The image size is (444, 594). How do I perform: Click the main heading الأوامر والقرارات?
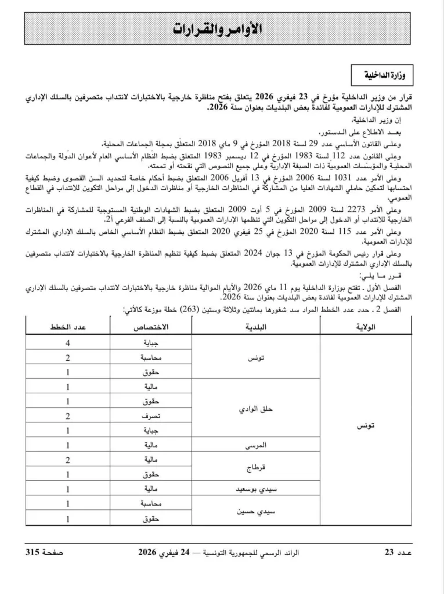tap(222, 28)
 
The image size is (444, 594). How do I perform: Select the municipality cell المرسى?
tap(256, 445)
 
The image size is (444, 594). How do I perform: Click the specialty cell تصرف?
tap(152, 416)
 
